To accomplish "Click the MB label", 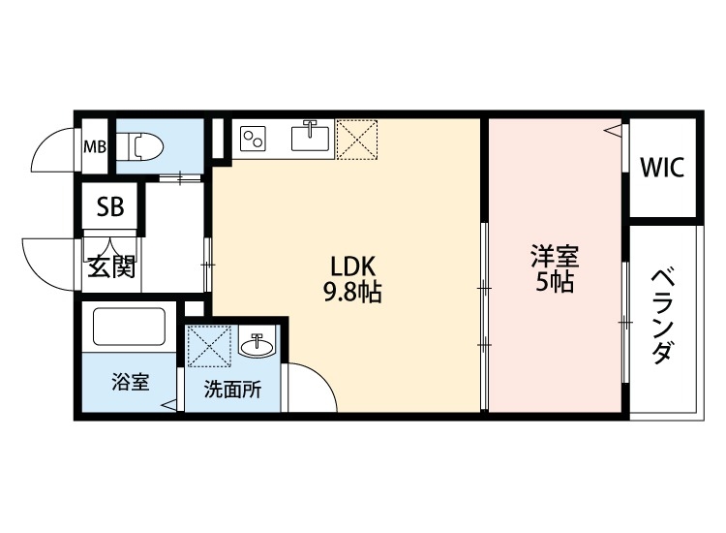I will pyautogui.click(x=95, y=147).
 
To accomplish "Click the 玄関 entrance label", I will pyautogui.click(x=111, y=267).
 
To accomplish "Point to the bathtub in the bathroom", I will pyautogui.click(x=129, y=327).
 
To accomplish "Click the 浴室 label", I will pyautogui.click(x=129, y=382).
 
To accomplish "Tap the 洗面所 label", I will pyautogui.click(x=231, y=391).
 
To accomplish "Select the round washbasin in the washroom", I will pyautogui.click(x=256, y=344).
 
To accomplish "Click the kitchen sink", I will pyautogui.click(x=310, y=138).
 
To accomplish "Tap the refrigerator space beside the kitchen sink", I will pyautogui.click(x=356, y=139).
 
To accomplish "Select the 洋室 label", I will pyautogui.click(x=554, y=258).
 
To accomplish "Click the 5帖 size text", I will pyautogui.click(x=554, y=284).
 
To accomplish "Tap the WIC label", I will pyautogui.click(x=662, y=167).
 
